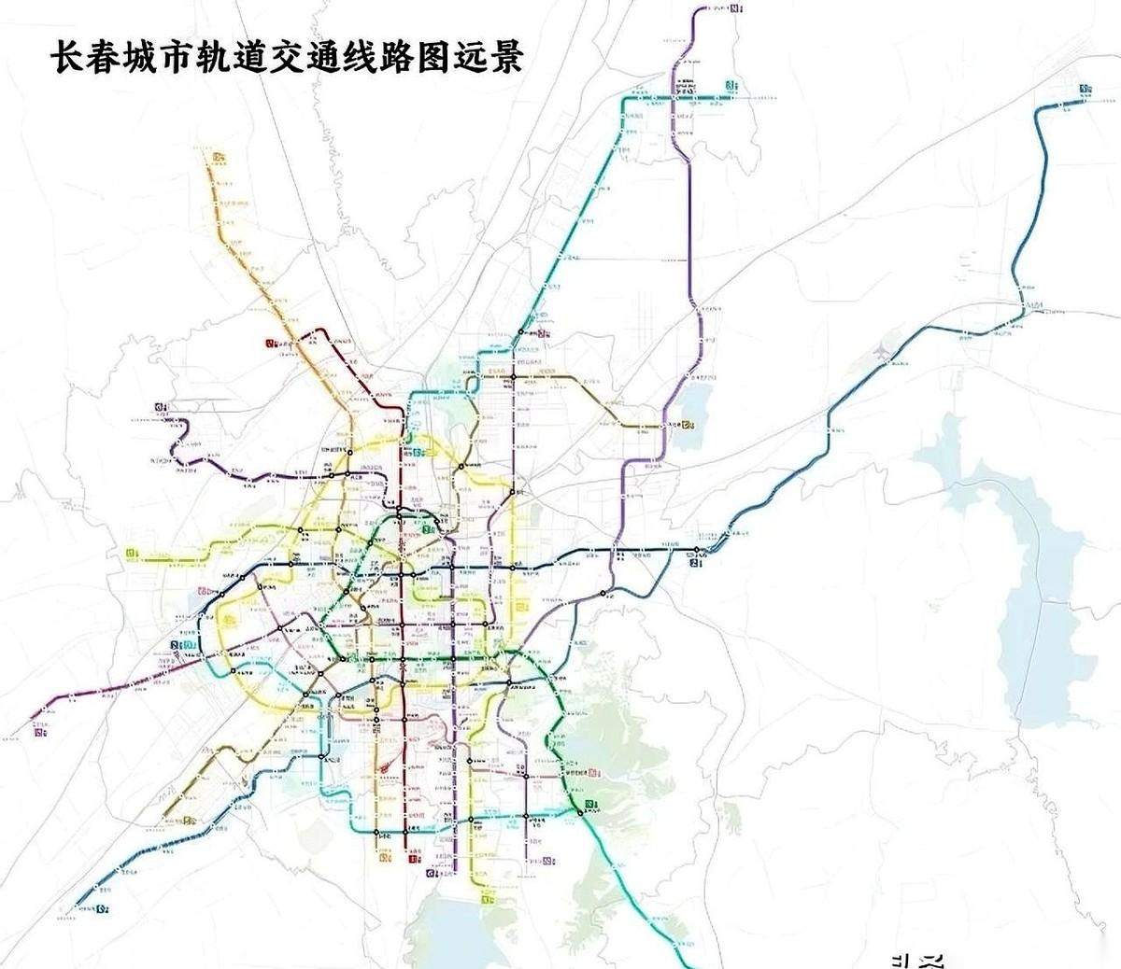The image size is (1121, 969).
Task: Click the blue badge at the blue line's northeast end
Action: coord(1085,90)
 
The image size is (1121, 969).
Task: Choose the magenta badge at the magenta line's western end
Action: coord(39,732)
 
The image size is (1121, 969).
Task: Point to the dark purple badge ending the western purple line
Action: coord(162,406)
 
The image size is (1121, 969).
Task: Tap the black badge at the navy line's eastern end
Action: coord(693,561)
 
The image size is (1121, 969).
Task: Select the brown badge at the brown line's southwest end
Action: coord(191,822)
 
